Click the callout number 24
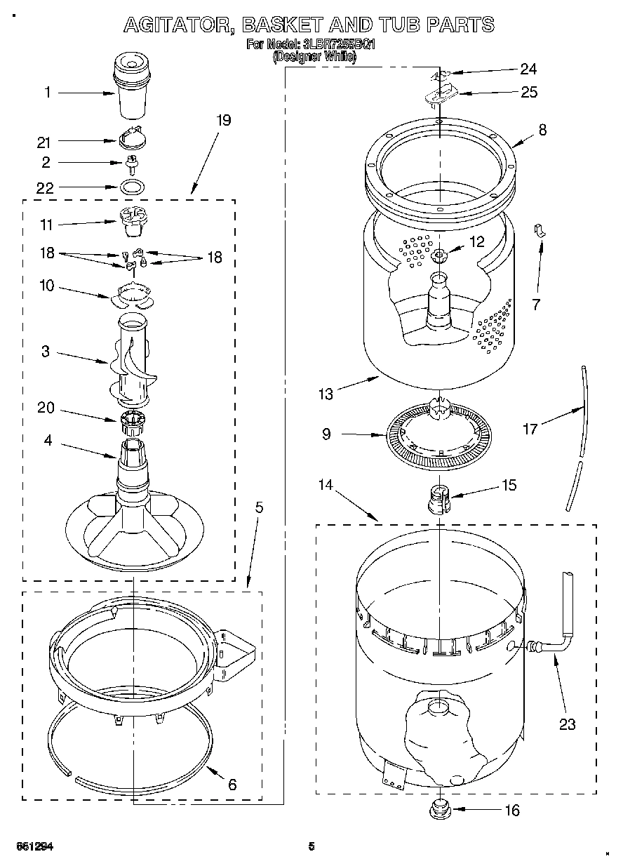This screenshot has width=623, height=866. coord(528,69)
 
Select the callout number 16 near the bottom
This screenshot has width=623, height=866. coord(512,811)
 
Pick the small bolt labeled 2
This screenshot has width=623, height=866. coord(131,164)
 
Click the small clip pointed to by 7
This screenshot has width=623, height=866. coord(540,230)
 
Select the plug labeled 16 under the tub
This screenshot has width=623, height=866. coord(439,808)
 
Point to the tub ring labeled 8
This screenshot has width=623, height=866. coord(440,168)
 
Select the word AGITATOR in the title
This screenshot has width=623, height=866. coord(178,25)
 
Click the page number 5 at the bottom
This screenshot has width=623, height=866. coord(311,846)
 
